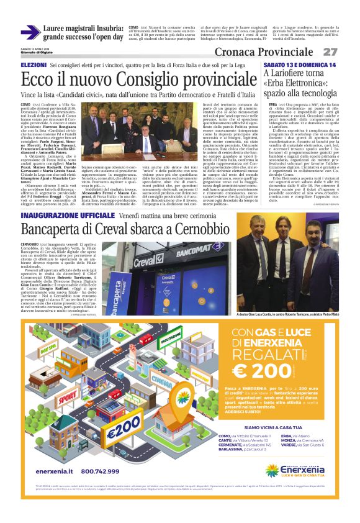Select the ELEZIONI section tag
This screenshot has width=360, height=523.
(x=34, y=65)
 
